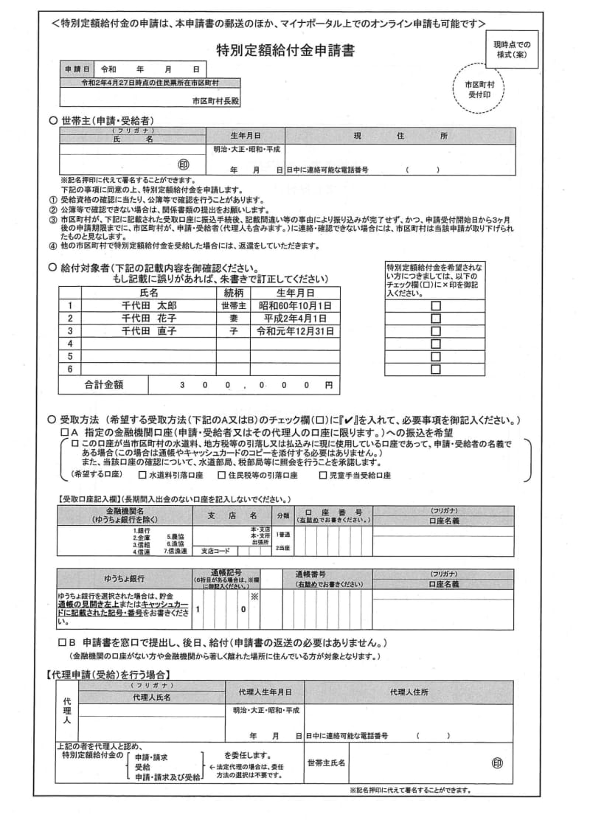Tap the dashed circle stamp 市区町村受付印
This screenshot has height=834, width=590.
pos(479,90)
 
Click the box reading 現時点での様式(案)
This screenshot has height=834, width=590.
pos(513,49)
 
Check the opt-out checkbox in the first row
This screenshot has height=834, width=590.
pos(435,305)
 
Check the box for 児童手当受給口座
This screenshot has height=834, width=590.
pos(323,476)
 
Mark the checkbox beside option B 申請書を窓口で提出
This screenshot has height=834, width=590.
pos(63,643)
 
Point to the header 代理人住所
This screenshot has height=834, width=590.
pos(409,692)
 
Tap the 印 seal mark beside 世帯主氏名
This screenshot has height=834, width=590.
pos(497,764)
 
